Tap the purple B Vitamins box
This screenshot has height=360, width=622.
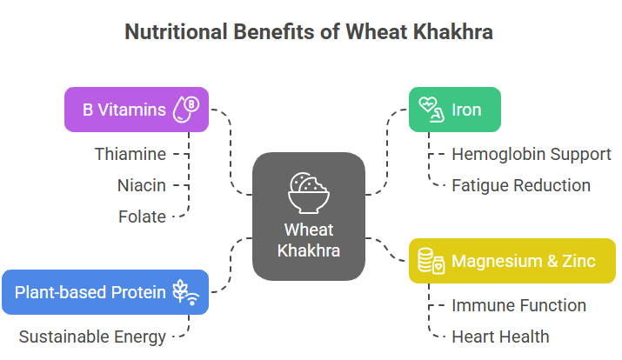[x=137, y=110]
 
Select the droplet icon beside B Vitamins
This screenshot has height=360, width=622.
[x=186, y=110]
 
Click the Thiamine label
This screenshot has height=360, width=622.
[x=130, y=154]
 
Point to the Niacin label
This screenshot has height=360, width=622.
[x=141, y=185]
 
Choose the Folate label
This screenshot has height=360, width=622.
[x=142, y=217]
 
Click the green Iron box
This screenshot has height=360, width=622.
[x=455, y=110]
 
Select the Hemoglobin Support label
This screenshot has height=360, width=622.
[x=532, y=154]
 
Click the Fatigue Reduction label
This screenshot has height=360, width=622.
[x=521, y=185]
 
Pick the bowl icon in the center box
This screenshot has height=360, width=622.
[x=309, y=193]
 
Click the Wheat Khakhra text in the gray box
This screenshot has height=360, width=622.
[x=309, y=240]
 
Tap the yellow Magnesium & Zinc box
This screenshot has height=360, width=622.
[x=512, y=261]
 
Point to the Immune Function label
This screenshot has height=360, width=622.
[x=518, y=305]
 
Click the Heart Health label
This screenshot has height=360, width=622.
[x=500, y=337]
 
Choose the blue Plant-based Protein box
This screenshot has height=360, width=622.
[x=105, y=292]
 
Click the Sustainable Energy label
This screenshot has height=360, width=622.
[x=92, y=337]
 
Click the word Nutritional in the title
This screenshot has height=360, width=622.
[x=176, y=31]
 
